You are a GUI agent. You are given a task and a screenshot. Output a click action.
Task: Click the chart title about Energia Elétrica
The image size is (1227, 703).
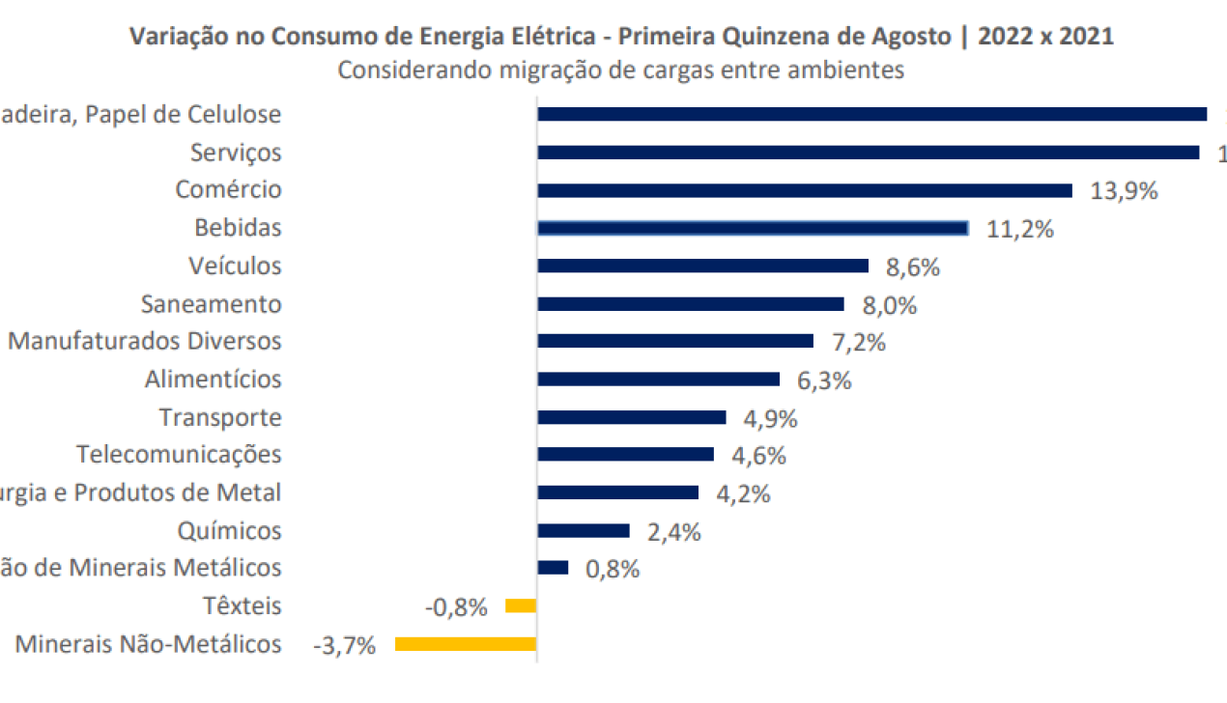pos(621,37)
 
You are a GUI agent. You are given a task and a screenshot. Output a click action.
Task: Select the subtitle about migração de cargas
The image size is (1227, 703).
pos(621,70)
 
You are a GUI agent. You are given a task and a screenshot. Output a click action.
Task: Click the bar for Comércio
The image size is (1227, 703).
pos(804,190)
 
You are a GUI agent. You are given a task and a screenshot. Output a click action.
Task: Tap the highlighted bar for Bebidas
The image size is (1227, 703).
pos(753,228)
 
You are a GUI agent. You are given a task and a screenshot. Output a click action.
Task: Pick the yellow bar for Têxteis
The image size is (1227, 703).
pos(521,605)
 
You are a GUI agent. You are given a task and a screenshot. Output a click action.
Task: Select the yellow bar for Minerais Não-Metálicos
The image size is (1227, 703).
pos(466,644)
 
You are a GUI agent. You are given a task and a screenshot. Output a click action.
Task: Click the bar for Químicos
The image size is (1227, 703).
pos(584,530)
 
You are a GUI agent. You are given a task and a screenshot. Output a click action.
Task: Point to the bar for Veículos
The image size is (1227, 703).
pos(702,266)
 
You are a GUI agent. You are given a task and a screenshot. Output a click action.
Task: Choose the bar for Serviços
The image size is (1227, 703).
pos(868,153)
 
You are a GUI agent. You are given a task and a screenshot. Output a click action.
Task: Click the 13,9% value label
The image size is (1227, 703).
pos(1124,191)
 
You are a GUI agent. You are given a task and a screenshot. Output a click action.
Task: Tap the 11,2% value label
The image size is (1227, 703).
pos(1019,229)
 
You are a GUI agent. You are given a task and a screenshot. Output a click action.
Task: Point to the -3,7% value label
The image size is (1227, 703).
pos(344,645)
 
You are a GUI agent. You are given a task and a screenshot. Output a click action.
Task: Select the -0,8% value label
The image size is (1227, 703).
pos(456,607)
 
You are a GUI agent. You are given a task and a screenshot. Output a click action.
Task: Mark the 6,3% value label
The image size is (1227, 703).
pos(824,380)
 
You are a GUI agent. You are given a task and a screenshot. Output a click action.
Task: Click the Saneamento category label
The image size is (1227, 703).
pos(211,304)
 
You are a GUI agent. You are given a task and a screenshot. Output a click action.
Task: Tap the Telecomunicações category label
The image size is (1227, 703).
pos(180,454)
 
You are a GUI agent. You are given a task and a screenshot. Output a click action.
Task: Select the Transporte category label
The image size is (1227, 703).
pos(220,417)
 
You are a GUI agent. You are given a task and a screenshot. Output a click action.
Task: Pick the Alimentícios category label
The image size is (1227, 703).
pos(214,380)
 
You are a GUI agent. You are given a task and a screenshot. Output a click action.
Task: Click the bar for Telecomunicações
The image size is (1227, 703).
pos(625,454)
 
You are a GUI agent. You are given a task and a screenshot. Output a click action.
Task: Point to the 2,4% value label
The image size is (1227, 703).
pos(673,532)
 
